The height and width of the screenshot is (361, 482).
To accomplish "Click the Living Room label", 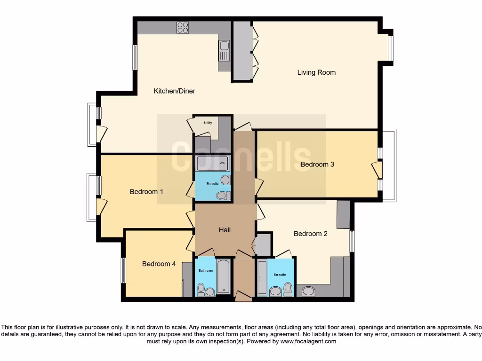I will pyautogui.click(x=316, y=72).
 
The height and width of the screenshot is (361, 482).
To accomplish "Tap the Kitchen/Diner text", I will pyautogui.click(x=175, y=91).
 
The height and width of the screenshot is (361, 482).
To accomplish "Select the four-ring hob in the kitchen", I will pyautogui.click(x=183, y=28).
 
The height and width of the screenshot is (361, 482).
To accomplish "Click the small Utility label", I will pyautogui.click(x=208, y=123).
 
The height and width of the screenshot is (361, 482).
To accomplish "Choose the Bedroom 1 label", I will pyautogui.click(x=146, y=192).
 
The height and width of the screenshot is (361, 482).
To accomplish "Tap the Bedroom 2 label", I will pyautogui.click(x=310, y=234).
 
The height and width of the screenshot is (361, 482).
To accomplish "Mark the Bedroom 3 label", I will pyautogui.click(x=317, y=165).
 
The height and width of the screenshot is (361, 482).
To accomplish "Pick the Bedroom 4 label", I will pyautogui.click(x=159, y=264).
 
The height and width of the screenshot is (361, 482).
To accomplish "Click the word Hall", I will pyautogui.click(x=225, y=230).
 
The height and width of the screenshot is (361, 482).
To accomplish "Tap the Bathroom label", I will pyautogui.click(x=206, y=271).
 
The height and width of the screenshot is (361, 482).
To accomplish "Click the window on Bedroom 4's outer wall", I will pyautogui.click(x=123, y=270).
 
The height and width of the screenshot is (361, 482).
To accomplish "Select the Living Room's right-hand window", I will pyautogui.click(x=390, y=48).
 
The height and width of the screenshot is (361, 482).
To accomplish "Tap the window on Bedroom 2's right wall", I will pyautogui.click(x=352, y=241).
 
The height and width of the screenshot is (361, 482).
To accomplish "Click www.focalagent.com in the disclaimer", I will pyautogui.click(x=308, y=342).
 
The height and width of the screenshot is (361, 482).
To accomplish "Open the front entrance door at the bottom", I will pyautogui.click(x=243, y=296).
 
